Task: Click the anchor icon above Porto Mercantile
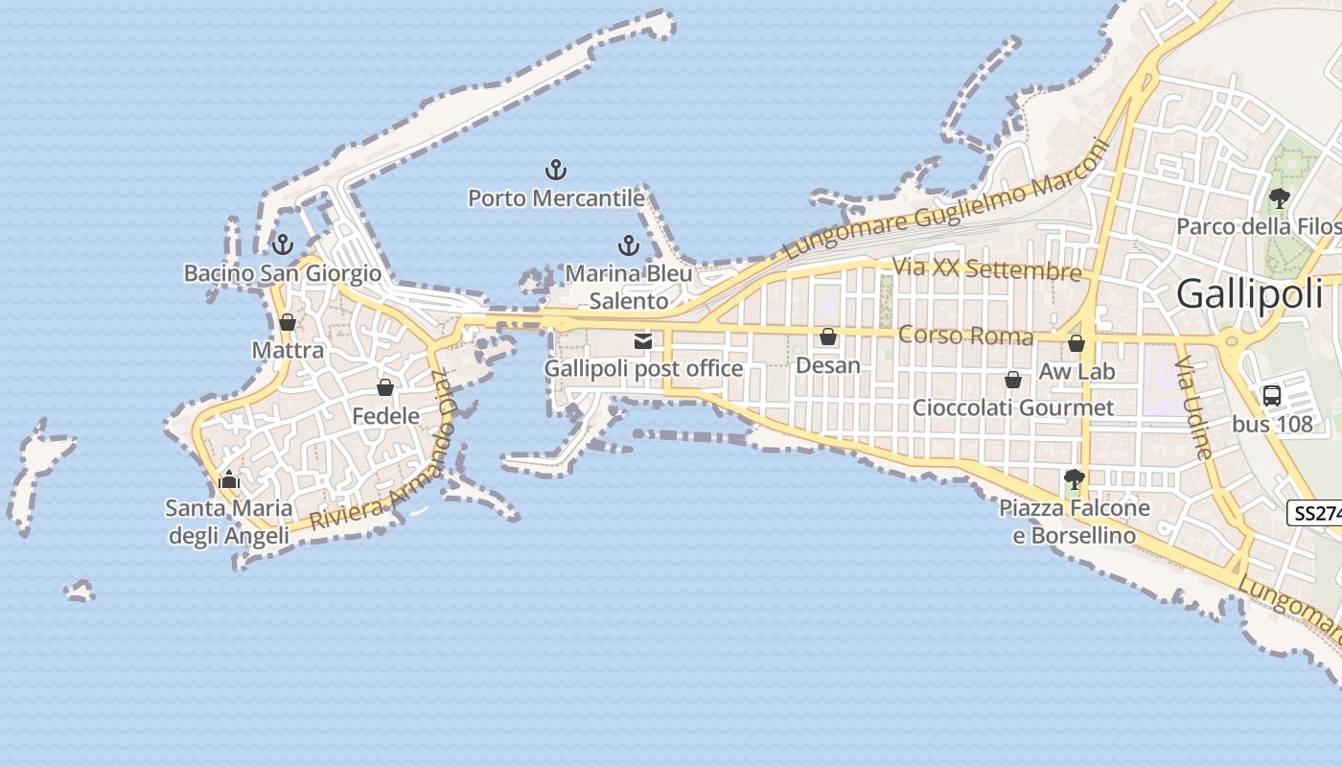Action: coord(556,171)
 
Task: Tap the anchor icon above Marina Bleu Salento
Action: coord(628,245)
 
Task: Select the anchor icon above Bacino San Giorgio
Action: coord(282,244)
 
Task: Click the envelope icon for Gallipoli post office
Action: coord(643,340)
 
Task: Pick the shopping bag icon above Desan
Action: coord(828,337)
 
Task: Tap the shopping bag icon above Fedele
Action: coord(385,387)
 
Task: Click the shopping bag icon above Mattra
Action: coord(288,322)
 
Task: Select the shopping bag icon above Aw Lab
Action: coord(1076,343)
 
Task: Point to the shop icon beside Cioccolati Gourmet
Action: coord(1013,381)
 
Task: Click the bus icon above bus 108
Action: coord(1272,395)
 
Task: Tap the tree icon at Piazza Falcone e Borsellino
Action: coord(1075,478)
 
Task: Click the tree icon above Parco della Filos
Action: coord(1279,198)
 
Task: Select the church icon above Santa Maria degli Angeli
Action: coord(229,479)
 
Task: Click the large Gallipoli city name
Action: coord(1249,293)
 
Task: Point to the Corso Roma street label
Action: coord(965,336)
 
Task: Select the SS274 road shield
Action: coord(1316,513)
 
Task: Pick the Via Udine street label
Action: coord(1194,407)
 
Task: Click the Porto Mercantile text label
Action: coord(556,198)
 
